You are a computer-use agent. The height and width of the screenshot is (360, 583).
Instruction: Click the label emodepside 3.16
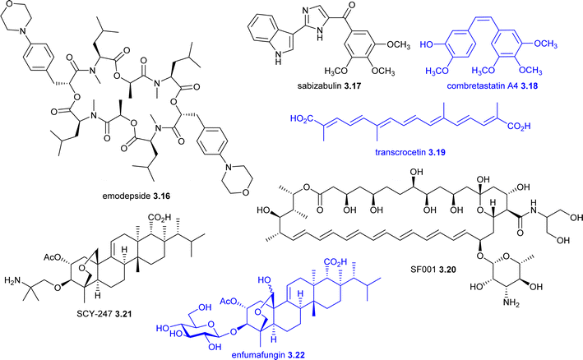pyautogui.click(x=136, y=196)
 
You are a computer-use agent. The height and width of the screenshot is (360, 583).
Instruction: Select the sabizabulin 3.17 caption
pyautogui.click(x=330, y=86)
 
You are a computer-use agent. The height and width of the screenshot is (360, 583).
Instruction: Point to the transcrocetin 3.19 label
pyautogui.click(x=410, y=152)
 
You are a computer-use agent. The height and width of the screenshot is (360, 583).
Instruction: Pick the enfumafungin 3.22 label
pyautogui.click(x=268, y=355)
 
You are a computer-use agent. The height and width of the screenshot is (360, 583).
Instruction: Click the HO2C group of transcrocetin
pyautogui.click(x=302, y=120)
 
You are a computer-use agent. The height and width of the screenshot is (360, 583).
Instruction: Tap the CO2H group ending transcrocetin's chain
pyautogui.click(x=519, y=127)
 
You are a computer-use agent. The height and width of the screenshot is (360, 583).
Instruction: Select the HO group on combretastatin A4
pyautogui.click(x=427, y=44)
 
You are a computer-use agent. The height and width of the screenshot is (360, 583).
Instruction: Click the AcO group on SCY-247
pyautogui.click(x=51, y=256)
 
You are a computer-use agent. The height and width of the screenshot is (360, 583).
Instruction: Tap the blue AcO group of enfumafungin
pyautogui.click(x=228, y=302)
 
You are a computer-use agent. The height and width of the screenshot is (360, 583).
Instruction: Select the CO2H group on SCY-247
pyautogui.click(x=160, y=217)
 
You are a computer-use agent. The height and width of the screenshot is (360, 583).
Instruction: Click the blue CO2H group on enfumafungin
pyautogui.click(x=335, y=261)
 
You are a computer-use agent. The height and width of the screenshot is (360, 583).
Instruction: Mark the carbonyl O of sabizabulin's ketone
pyautogui.click(x=352, y=5)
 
